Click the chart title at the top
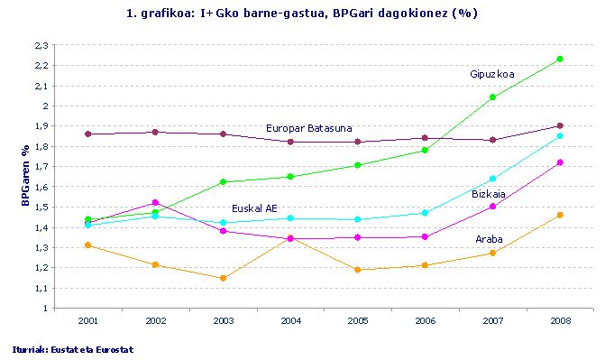click(x=302, y=14)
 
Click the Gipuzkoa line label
click(x=492, y=73)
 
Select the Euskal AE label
click(x=255, y=208)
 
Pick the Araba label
click(x=490, y=239)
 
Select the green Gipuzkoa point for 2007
click(x=492, y=97)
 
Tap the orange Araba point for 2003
click(x=223, y=278)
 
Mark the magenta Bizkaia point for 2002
click(x=155, y=202)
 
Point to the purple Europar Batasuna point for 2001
click(x=87, y=134)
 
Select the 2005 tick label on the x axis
click(x=358, y=320)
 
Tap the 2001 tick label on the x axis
click(x=87, y=320)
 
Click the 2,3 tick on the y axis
click(x=41, y=45)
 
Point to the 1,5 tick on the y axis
click(x=41, y=208)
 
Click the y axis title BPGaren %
click(x=25, y=177)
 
